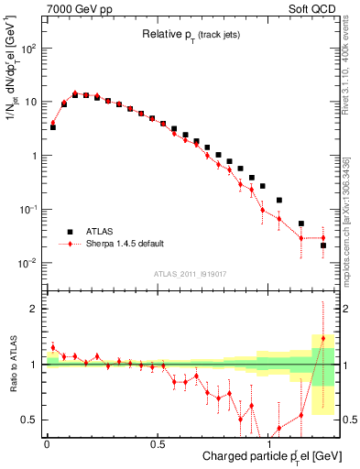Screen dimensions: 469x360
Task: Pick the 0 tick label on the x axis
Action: point(47,441)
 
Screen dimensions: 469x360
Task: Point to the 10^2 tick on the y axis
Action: point(27,49)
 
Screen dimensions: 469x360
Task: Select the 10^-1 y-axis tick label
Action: point(27,210)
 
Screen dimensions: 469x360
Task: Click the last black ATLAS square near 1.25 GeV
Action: point(323,245)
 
